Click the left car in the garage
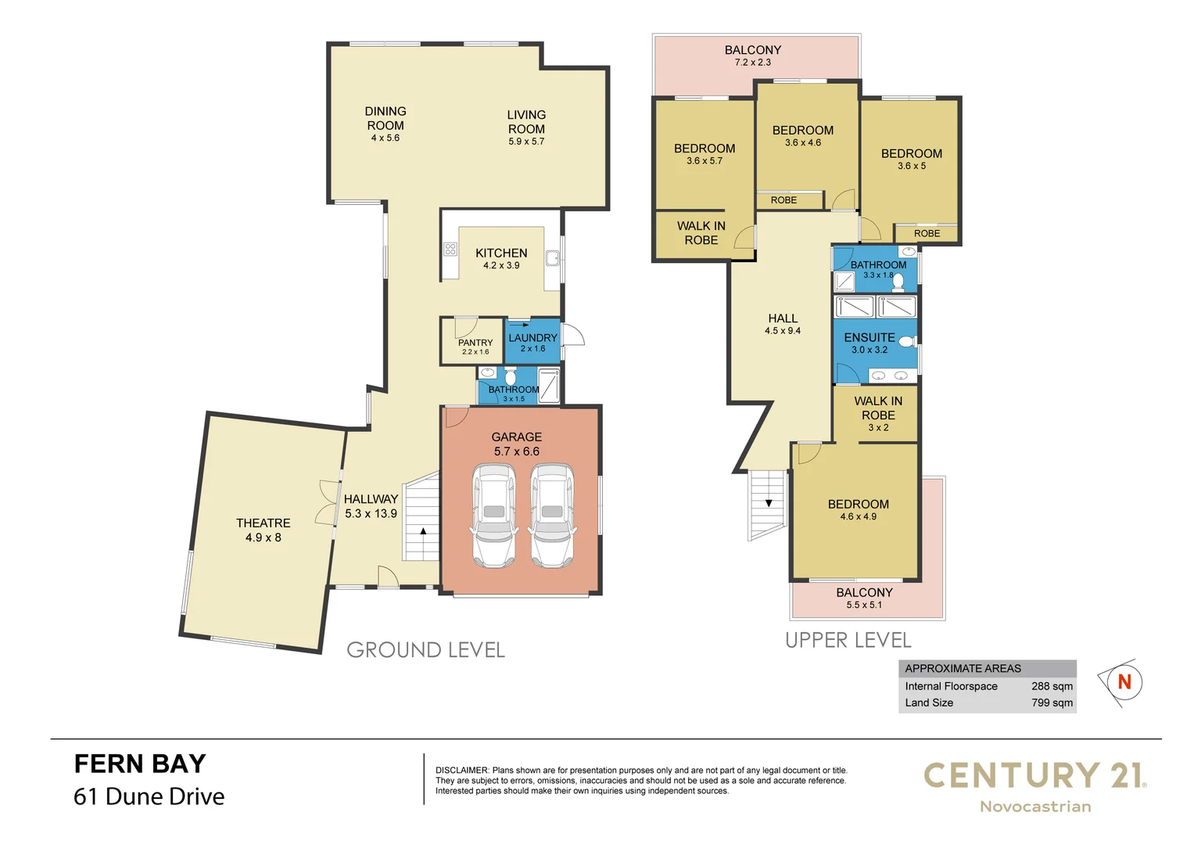(493, 516)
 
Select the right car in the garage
(552, 516)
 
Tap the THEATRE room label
(263, 523)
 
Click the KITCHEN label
(501, 253)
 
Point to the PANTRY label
(475, 343)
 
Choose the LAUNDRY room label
(532, 338)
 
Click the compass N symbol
(1124, 682)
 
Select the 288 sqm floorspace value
(1052, 686)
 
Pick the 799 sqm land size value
(1052, 703)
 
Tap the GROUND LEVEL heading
(425, 650)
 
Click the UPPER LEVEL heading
(848, 641)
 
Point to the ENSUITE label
(870, 338)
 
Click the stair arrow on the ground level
(423, 531)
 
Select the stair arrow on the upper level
(769, 503)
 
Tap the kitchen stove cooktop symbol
(450, 250)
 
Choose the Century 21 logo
(1034, 786)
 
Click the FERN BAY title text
(140, 764)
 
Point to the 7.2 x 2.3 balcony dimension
(752, 63)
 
